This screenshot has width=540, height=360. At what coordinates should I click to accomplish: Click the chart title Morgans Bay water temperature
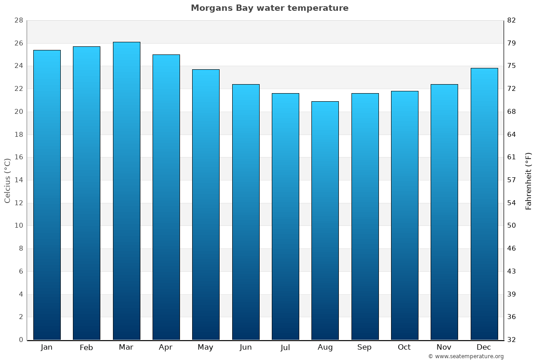(270, 8)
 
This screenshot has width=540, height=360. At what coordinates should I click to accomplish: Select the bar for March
(126, 191)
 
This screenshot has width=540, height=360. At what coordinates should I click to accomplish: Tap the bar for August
(325, 220)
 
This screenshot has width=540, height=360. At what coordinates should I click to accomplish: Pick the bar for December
(484, 204)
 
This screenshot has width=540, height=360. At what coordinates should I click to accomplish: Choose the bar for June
(246, 212)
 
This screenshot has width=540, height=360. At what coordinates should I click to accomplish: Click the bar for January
(47, 195)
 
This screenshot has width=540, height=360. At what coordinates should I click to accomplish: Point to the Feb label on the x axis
(86, 347)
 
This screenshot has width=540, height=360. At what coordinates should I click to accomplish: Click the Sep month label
(364, 347)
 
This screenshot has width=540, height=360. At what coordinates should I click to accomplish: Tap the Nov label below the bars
(444, 347)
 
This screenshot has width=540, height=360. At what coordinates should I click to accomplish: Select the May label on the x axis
(206, 347)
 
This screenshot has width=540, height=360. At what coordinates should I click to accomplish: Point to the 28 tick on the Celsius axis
(18, 21)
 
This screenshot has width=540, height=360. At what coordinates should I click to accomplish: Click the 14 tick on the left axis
(18, 180)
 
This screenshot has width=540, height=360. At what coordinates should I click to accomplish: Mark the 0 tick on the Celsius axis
(21, 340)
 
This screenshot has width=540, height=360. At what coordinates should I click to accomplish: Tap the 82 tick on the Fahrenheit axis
(512, 21)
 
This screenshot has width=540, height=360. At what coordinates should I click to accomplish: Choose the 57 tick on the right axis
(512, 180)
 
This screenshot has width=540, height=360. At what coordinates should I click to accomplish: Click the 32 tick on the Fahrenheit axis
(512, 340)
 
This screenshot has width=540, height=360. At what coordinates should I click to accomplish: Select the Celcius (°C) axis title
(7, 180)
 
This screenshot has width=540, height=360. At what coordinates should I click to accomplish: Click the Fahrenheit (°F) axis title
(529, 180)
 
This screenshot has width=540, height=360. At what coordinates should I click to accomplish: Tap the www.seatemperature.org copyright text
(466, 356)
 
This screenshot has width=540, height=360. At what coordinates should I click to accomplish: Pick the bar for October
(405, 215)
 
